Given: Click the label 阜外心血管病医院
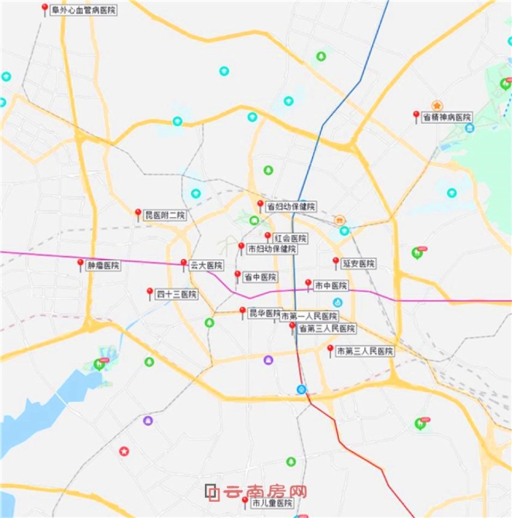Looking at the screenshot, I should (84, 10).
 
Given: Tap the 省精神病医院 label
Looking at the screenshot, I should (446, 116).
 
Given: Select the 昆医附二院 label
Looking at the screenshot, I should (166, 214).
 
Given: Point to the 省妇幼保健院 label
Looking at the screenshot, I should (291, 206).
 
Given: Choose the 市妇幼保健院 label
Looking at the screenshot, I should (271, 249).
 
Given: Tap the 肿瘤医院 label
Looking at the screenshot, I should (104, 265).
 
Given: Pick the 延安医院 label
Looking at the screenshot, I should (359, 264).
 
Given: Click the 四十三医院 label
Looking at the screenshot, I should (176, 294).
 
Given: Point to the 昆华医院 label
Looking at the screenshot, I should (265, 313).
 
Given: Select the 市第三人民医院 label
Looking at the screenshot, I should (365, 352).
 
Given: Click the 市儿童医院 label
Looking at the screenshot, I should (274, 503).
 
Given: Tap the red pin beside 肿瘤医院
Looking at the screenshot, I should (80, 264).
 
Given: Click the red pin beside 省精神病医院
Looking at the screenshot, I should (416, 115).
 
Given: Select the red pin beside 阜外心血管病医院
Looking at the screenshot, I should (45, 9).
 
